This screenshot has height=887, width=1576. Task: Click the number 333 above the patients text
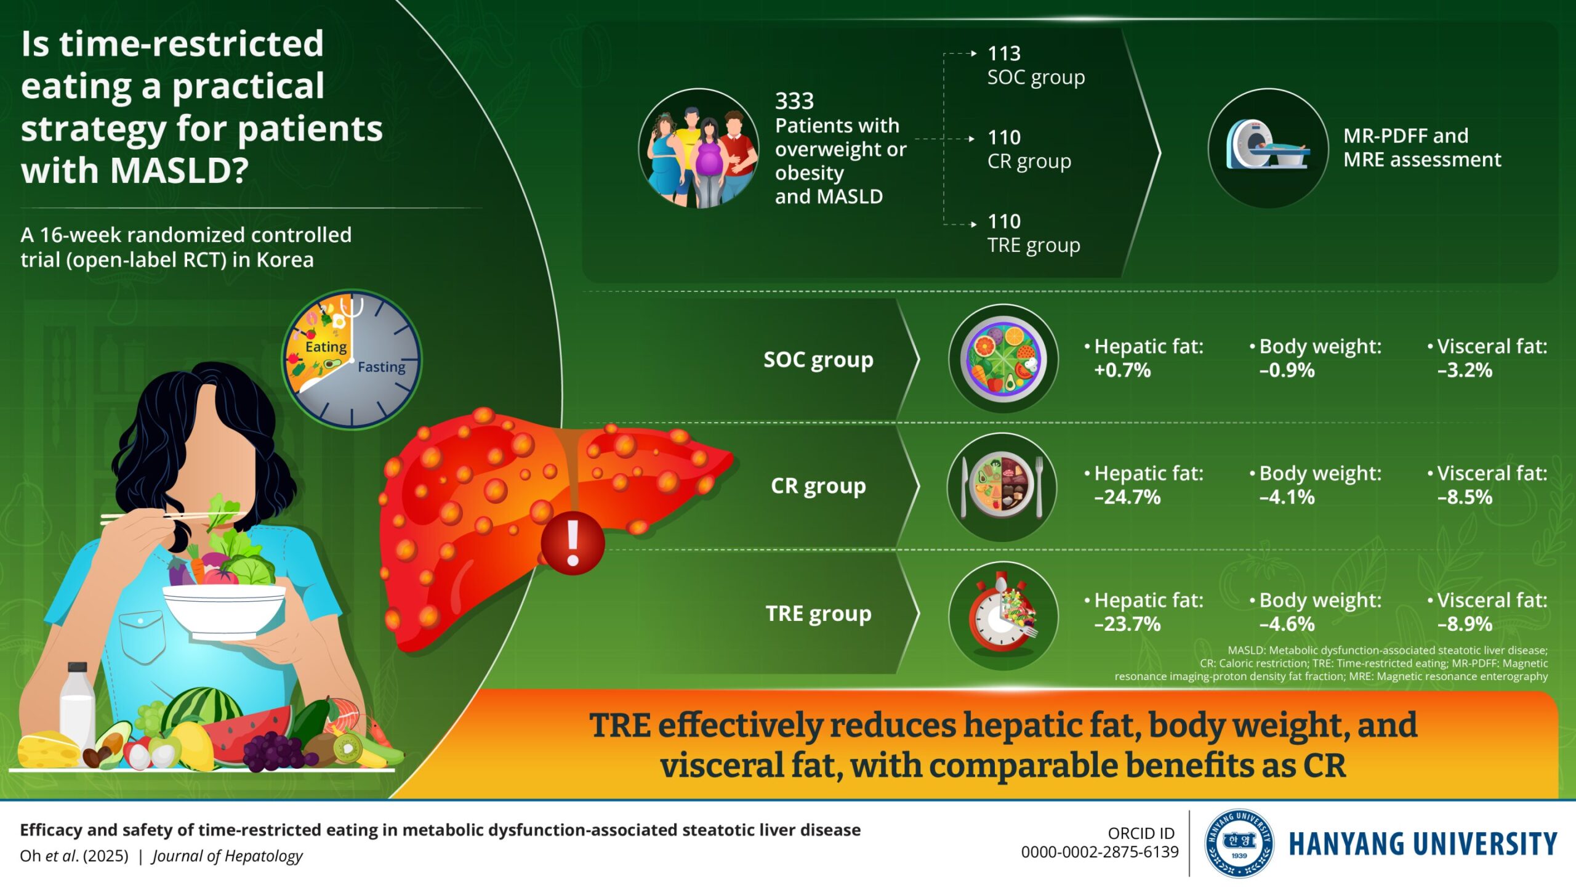point(794,101)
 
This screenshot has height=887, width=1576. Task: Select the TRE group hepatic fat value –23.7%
point(1127,624)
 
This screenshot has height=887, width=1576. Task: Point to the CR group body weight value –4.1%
point(1287,497)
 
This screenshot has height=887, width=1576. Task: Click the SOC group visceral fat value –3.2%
point(1465,370)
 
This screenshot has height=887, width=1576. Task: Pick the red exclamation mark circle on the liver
point(573,543)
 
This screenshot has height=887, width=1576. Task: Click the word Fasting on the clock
point(382,367)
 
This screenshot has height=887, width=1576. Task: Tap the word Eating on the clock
point(326,347)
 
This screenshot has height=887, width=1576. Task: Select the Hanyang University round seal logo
point(1239,843)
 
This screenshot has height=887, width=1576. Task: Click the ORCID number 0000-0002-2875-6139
point(1100,853)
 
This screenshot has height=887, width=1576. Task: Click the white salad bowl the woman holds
point(224,610)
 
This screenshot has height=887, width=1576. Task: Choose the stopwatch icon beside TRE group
point(1003,616)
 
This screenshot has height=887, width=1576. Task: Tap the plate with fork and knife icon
point(1002,487)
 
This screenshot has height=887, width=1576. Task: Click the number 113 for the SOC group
point(1004,54)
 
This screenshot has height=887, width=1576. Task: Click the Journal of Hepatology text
point(227,856)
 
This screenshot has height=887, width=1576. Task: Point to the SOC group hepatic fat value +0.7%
point(1122,370)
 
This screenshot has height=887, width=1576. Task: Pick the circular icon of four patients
point(699,148)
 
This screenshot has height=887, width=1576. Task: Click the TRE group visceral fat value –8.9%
point(1465,624)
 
